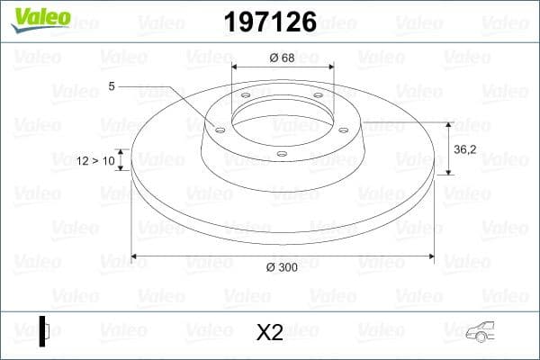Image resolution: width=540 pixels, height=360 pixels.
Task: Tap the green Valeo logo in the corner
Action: click(39, 17)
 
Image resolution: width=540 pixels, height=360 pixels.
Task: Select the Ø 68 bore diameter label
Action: click(283, 58)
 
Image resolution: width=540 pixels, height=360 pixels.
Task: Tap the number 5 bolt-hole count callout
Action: click(111, 86)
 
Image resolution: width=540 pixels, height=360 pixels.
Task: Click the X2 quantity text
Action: click(269, 333)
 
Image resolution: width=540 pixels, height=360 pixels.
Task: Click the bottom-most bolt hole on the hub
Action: click(282, 154)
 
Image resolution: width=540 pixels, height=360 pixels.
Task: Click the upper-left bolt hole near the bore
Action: click(246, 98)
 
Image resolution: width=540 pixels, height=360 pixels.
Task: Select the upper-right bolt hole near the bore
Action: click(318, 98)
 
